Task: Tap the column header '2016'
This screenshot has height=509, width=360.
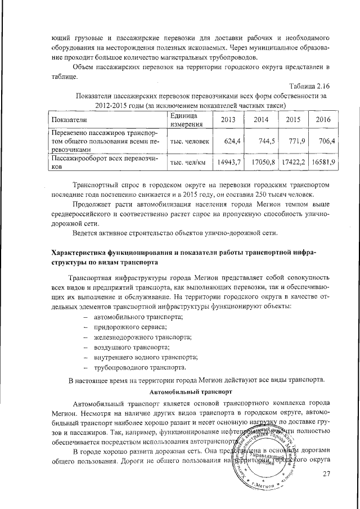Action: pyautogui.click(x=323, y=120)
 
